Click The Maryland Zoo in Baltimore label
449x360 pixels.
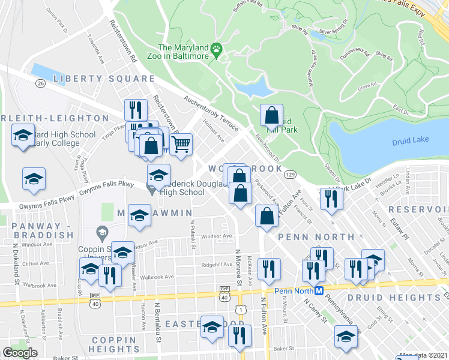tap(183, 52)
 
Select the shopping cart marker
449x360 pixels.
tap(181, 144)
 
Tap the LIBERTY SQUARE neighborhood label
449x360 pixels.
tap(104, 79)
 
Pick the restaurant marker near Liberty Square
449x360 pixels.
tap(136, 110)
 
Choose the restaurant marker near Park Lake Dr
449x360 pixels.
tap(330, 199)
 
